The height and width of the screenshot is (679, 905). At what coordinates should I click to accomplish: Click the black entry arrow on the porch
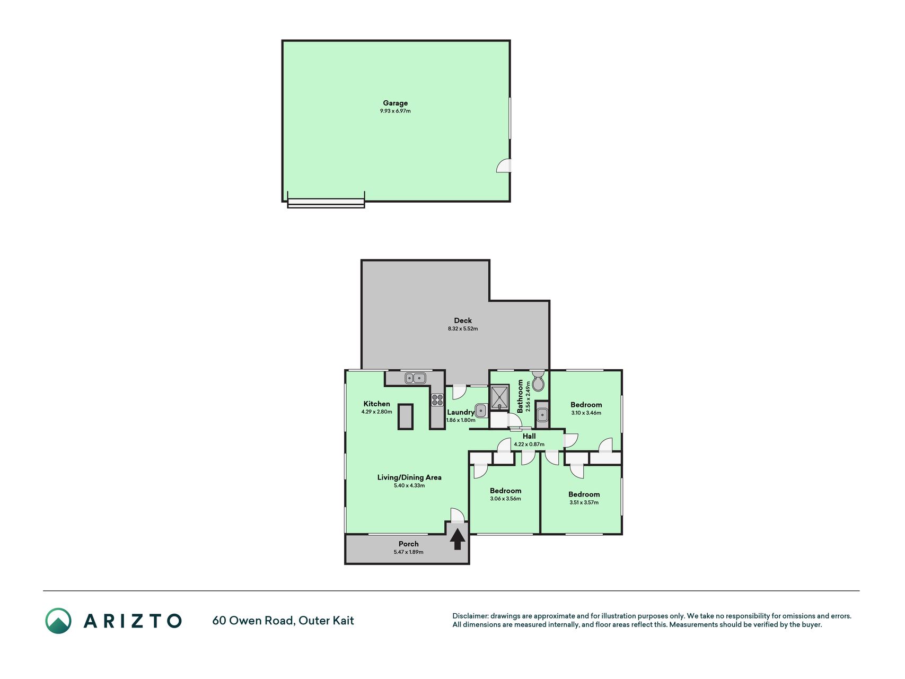click(458, 539)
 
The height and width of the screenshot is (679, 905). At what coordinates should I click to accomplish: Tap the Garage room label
click(396, 103)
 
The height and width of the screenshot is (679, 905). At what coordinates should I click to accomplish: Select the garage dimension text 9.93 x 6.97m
click(396, 111)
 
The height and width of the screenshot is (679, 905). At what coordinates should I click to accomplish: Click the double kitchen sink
click(415, 378)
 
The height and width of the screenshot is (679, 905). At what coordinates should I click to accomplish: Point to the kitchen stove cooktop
click(437, 399)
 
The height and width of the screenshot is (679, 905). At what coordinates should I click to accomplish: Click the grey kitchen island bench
click(406, 416)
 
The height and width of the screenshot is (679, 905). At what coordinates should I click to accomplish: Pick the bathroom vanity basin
click(541, 414)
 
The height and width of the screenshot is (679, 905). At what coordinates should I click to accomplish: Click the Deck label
click(463, 320)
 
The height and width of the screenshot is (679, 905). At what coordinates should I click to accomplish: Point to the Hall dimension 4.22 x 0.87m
click(529, 445)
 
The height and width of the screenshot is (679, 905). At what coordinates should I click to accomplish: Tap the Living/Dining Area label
click(409, 477)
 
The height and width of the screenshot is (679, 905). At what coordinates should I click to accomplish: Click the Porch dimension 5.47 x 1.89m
click(408, 552)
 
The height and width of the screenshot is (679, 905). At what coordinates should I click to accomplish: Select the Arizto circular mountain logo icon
click(58, 621)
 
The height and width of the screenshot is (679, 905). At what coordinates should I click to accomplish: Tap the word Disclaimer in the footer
click(470, 616)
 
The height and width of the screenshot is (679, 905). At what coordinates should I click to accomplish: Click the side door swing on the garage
click(504, 166)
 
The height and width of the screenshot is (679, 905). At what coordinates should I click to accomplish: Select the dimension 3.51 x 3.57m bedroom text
click(584, 503)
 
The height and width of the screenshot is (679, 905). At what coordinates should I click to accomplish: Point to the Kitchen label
click(376, 404)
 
